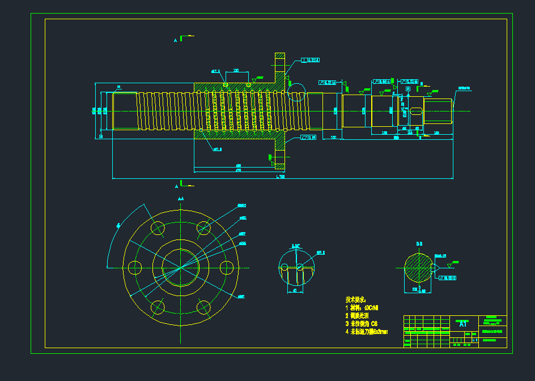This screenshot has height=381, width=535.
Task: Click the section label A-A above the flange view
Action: tap(180, 199)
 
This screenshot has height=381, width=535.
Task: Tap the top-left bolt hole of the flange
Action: tap(158, 228)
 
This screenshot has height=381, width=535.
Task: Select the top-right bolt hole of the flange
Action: tap(203, 228)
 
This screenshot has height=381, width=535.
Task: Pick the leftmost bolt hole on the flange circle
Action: tap(135, 268)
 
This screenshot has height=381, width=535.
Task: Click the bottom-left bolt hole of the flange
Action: tap(158, 307)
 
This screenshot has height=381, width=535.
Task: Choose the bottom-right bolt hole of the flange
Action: tap(203, 307)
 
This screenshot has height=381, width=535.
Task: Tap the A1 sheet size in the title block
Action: tap(463, 324)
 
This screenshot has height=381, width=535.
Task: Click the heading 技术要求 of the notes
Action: tap(356, 299)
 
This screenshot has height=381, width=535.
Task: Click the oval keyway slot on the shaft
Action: tap(416, 111)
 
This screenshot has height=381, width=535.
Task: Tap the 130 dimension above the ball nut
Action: tap(236, 71)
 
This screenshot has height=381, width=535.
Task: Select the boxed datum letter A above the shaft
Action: tap(407, 89)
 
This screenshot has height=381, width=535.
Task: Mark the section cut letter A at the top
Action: tap(176, 40)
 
